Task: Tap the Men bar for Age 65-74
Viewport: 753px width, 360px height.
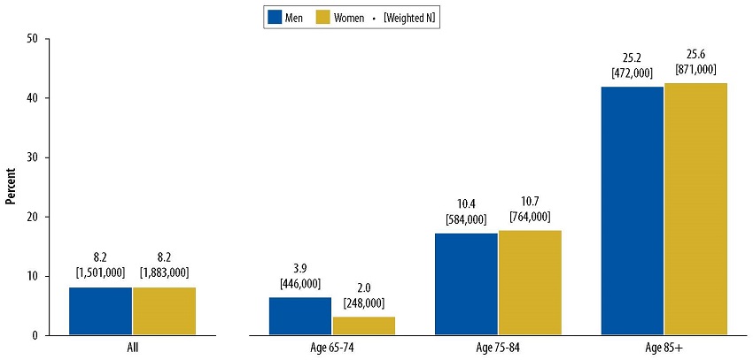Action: (299, 316)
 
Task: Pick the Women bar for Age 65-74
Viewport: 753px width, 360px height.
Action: (363, 326)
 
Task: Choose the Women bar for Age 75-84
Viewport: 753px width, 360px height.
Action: (530, 282)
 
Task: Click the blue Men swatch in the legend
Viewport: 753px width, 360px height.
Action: (274, 17)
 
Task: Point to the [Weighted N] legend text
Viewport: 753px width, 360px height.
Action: (409, 17)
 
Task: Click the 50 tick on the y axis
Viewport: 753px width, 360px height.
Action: (32, 39)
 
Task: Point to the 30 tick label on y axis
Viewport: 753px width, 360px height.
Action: (32, 157)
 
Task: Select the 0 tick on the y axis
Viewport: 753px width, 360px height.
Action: (35, 335)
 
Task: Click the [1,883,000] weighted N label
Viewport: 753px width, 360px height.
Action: (164, 273)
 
